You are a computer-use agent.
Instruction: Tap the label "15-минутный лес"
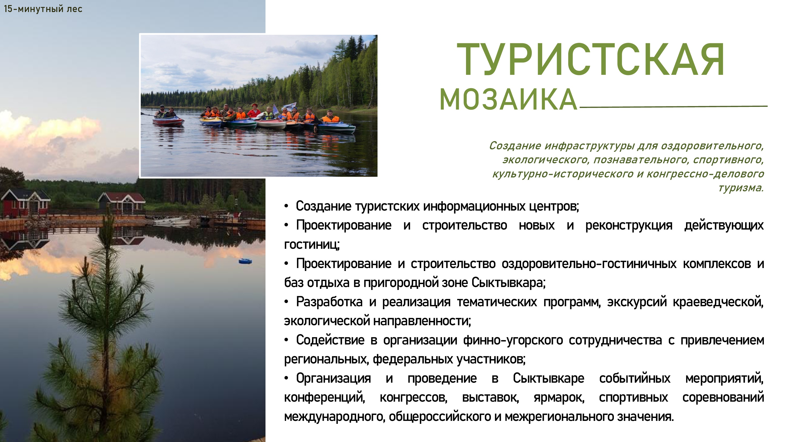[43, 9]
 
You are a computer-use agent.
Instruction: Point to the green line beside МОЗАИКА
[673, 107]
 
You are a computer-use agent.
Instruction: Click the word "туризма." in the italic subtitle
[741, 188]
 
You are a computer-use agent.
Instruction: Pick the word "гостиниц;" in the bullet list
[311, 245]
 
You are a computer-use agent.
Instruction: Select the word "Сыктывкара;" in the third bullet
[508, 282]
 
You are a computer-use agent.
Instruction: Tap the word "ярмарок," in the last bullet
[559, 397]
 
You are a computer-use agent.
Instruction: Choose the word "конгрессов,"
[413, 397]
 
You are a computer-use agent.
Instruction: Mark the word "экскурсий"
[637, 302]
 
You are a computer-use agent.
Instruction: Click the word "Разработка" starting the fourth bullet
[329, 302]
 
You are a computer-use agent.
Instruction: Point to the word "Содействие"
[330, 340]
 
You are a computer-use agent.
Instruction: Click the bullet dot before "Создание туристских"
[286, 206]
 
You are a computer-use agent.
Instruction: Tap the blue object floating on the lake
[245, 261]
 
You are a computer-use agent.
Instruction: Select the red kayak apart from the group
[168, 121]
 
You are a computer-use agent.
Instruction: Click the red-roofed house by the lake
[122, 203]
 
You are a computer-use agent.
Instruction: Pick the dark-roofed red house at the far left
[25, 203]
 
